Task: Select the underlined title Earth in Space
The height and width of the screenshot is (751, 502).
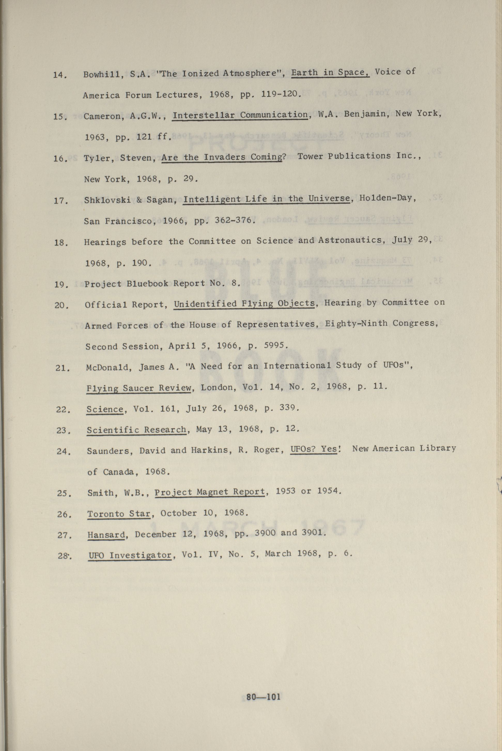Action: click(x=330, y=72)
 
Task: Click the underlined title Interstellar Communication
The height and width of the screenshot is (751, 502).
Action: click(x=240, y=115)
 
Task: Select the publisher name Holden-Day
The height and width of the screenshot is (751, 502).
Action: click(x=387, y=198)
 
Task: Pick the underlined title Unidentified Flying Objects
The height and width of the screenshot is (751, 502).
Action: click(x=244, y=304)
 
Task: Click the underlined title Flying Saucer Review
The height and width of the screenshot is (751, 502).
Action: click(x=139, y=388)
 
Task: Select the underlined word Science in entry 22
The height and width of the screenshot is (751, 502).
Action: click(x=105, y=409)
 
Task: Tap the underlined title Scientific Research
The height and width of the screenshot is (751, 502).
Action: click(x=136, y=430)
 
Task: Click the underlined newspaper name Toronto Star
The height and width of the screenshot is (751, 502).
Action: click(x=119, y=514)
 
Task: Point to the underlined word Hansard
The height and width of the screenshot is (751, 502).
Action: click(x=106, y=535)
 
